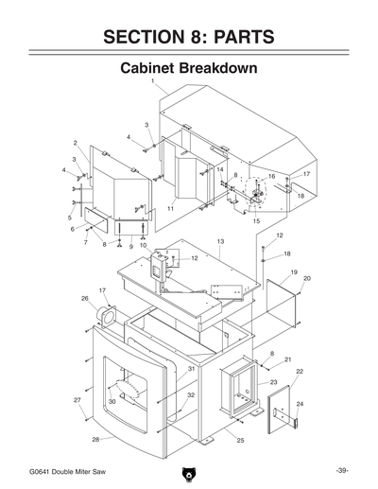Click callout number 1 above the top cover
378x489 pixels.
pyautogui.click(x=152, y=82)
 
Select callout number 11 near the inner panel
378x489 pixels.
pyautogui.click(x=170, y=207)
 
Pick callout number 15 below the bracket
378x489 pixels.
pyautogui.click(x=255, y=220)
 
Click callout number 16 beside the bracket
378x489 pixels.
pyautogui.click(x=271, y=176)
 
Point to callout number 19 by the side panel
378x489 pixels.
pyautogui.click(x=294, y=272)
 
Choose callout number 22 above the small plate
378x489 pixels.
pyautogui.click(x=300, y=372)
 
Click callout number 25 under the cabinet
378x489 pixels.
pyautogui.click(x=240, y=441)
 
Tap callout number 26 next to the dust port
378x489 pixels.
pyautogui.click(x=85, y=299)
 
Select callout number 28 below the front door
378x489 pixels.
pyautogui.click(x=95, y=440)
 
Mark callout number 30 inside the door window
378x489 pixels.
pyautogui.click(x=112, y=402)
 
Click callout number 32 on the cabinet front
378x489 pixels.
pyautogui.click(x=190, y=394)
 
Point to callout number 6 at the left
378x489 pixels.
pyautogui.click(x=71, y=229)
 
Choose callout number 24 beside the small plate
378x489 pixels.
pyautogui.click(x=300, y=404)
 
